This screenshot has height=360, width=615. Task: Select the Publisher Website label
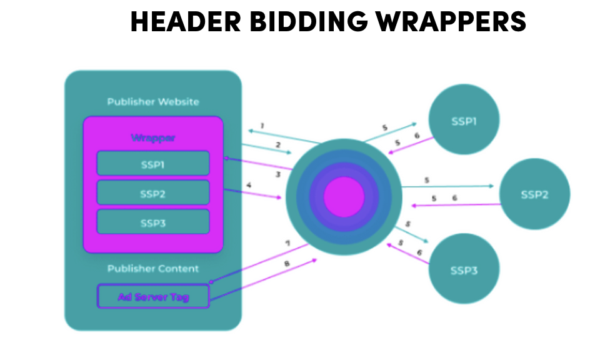tap(153, 102)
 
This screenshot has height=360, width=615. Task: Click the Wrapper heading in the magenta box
tap(153, 137)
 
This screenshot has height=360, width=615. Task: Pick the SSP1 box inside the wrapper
tap(153, 164)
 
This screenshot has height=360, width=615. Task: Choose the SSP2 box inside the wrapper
tap(153, 193)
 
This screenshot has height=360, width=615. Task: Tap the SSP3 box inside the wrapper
tap(153, 222)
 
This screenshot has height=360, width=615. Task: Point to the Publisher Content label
tap(153, 269)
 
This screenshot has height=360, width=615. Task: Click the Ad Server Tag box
tap(153, 296)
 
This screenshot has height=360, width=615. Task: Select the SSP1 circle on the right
tap(464, 121)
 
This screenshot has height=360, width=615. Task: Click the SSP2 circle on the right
tap(534, 194)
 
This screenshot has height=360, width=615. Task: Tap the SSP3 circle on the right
tap(464, 270)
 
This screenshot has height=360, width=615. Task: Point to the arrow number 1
tap(262, 126)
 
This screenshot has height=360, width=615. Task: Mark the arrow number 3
tap(277, 174)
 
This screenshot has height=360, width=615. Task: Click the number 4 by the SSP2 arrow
tap(249, 185)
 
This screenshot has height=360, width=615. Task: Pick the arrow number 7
tap(287, 242)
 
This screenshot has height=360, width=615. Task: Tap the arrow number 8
tap(287, 264)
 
